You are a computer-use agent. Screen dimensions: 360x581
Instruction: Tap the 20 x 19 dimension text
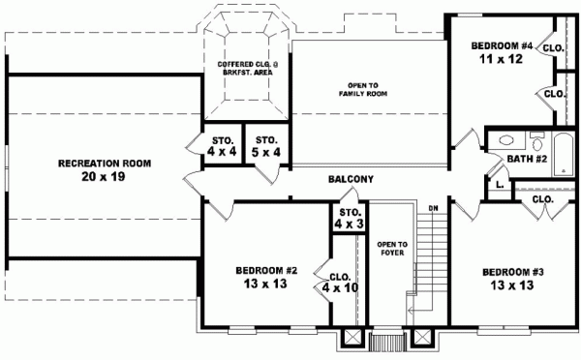104,178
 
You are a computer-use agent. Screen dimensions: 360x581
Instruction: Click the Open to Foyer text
391,250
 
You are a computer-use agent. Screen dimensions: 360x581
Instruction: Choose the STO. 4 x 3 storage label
347,219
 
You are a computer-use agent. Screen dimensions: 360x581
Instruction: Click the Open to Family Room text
356,87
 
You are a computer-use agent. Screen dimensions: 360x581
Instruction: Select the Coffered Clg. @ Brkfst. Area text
247,68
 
